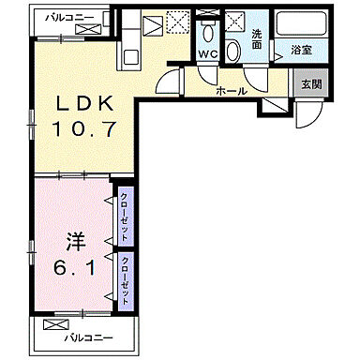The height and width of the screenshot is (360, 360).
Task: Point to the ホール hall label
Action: coord(230,91)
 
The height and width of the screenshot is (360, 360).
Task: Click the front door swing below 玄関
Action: coord(307,115)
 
